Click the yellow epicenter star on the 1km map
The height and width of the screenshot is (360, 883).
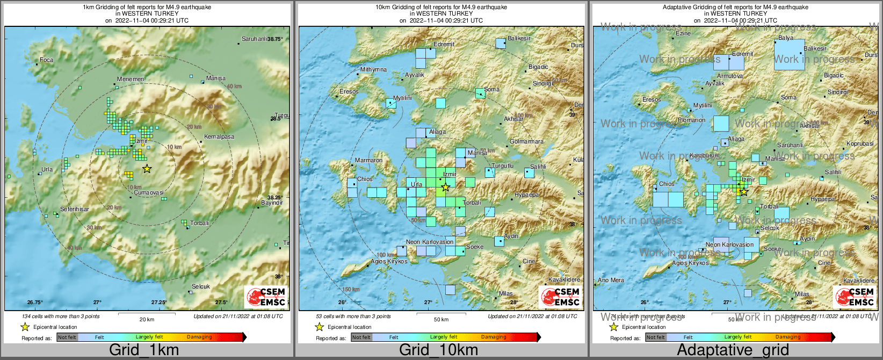tap(147, 169)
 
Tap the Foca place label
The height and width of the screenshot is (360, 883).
tap(47, 60)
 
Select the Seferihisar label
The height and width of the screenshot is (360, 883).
tap(75, 209)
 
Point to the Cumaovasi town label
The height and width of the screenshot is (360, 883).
tap(149, 192)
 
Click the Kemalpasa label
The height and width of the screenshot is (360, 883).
tap(219, 136)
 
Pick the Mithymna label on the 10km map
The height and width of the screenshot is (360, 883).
tap(373, 70)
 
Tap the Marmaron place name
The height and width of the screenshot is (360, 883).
tap(369, 160)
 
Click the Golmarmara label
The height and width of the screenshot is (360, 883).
tap(526, 142)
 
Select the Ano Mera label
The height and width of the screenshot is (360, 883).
tap(611, 280)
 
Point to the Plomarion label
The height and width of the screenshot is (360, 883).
tap(692, 120)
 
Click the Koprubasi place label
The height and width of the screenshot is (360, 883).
tap(860, 143)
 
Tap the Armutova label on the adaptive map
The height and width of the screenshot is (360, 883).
tap(730, 76)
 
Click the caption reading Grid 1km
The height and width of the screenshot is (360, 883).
tap(144, 350)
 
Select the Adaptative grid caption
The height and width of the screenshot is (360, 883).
tap(733, 350)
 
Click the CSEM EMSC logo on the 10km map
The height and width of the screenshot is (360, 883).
tap(560, 297)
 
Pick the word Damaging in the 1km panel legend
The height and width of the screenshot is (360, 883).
tap(199, 337)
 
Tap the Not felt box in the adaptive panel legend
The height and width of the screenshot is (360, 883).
tap(655, 337)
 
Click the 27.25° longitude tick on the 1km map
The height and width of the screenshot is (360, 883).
tap(159, 303)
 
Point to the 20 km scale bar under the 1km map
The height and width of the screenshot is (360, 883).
tap(147, 313)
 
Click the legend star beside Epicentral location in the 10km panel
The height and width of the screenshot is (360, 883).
tap(319, 327)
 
